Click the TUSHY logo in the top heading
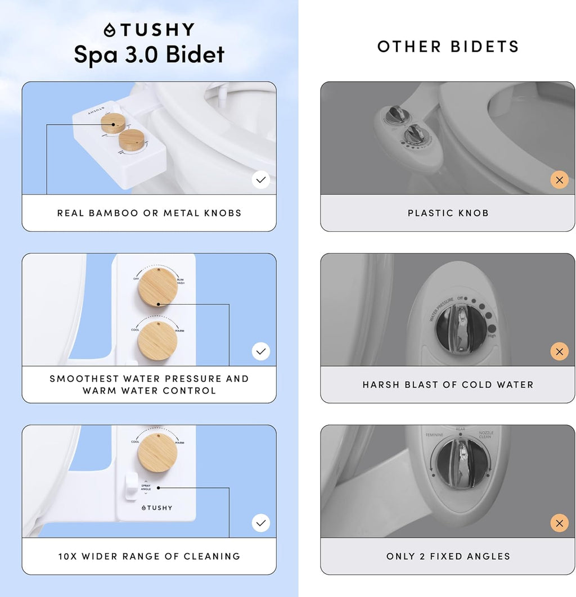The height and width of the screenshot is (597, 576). (149, 29)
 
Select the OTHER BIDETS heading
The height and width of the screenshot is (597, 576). (448, 47)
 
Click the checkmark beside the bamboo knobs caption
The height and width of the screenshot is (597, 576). (261, 180)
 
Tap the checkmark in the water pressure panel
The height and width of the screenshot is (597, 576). (261, 351)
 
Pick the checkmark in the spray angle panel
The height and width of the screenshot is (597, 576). (261, 523)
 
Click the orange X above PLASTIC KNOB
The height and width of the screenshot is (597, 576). (559, 180)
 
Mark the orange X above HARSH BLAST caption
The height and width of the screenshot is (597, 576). (559, 352)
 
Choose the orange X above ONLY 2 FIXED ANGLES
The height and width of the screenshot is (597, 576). (559, 523)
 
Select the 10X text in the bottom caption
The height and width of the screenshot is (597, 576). (68, 557)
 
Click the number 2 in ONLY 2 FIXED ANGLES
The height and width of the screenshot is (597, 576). (422, 557)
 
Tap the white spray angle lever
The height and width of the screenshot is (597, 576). (131, 485)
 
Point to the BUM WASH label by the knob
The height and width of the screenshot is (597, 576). (180, 281)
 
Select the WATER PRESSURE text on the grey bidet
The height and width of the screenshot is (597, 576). (442, 309)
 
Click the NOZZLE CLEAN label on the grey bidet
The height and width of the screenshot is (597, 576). (485, 435)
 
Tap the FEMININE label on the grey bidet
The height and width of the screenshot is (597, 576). (434, 435)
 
